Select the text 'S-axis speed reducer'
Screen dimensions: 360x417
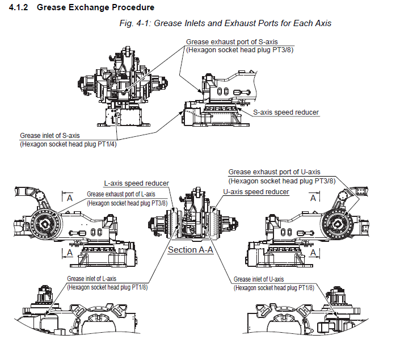click(x=286, y=112)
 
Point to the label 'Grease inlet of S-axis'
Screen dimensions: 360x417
click(x=50, y=136)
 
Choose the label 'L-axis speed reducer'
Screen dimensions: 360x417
click(x=136, y=183)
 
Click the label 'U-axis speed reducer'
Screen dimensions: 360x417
click(x=256, y=192)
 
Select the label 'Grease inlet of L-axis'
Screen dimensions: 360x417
click(x=92, y=279)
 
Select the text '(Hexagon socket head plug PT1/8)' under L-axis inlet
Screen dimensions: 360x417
click(x=107, y=287)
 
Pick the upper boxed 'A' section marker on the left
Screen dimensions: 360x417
click(x=69, y=198)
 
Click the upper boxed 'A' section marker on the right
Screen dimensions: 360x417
click(x=313, y=198)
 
